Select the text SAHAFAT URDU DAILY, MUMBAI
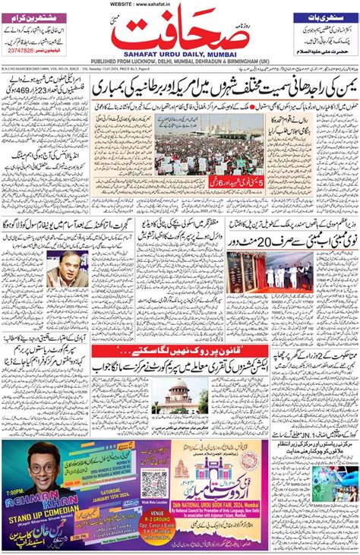[180, 56]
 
